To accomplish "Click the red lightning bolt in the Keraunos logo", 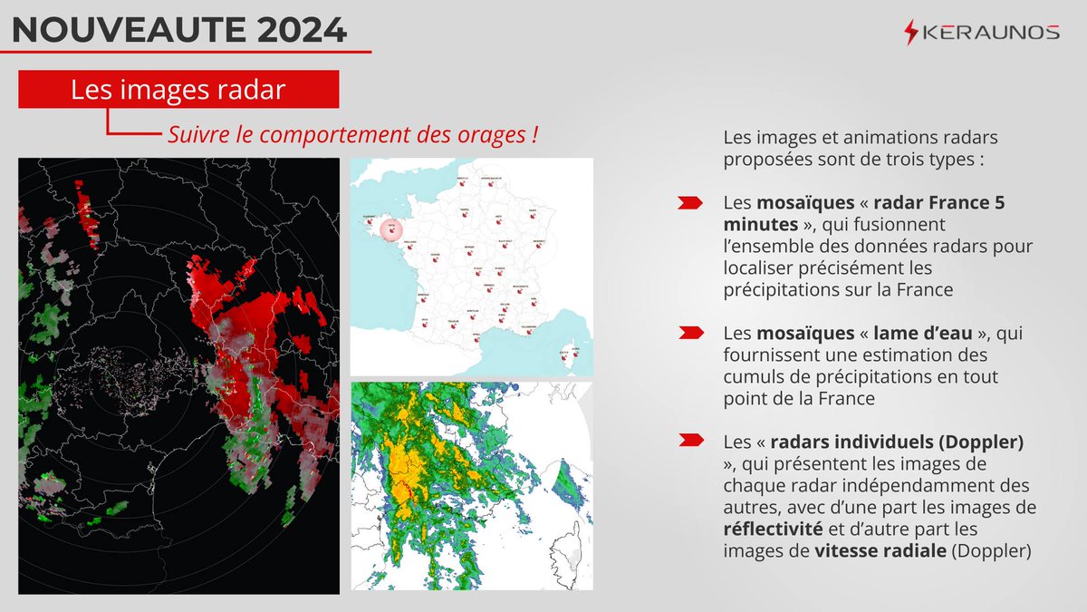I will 910,33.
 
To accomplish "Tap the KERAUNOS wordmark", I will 990,33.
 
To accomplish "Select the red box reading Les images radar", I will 178,91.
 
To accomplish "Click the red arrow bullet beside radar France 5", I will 689,203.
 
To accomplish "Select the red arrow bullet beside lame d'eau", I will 689,334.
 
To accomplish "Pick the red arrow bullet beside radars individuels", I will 689,442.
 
